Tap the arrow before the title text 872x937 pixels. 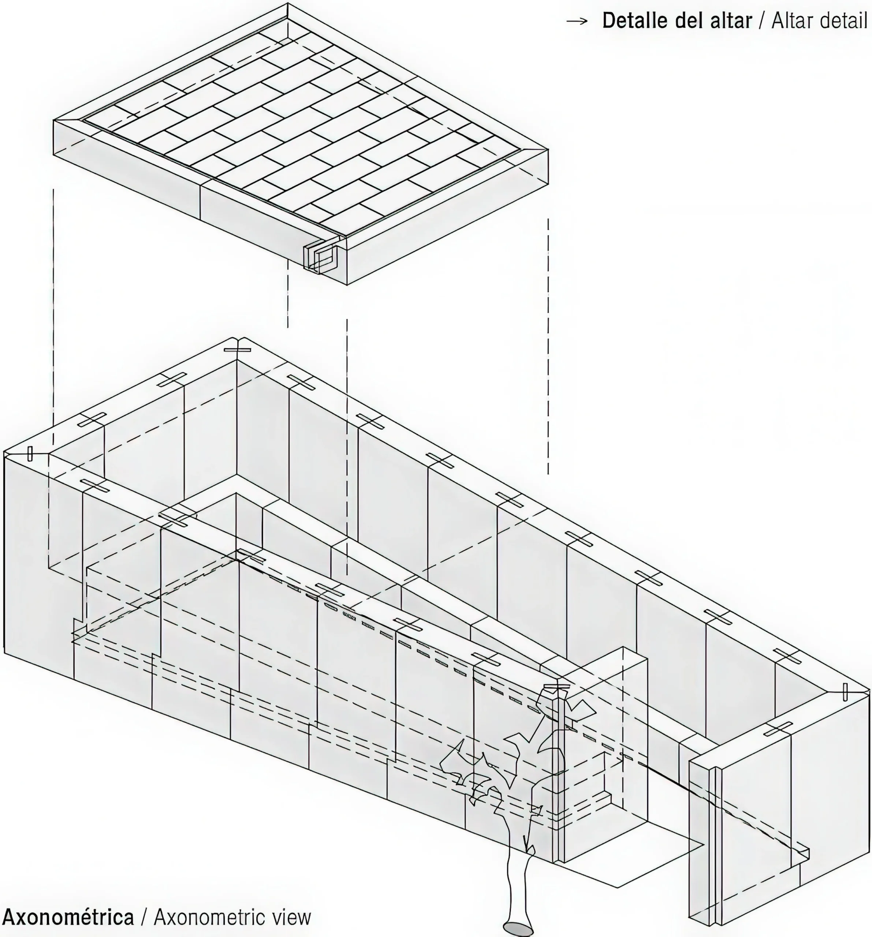[x=577, y=21]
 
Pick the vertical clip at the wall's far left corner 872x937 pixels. [x=30, y=453]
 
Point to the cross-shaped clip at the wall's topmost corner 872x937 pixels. [x=238, y=349]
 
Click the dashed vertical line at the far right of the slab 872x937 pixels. [x=548, y=346]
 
